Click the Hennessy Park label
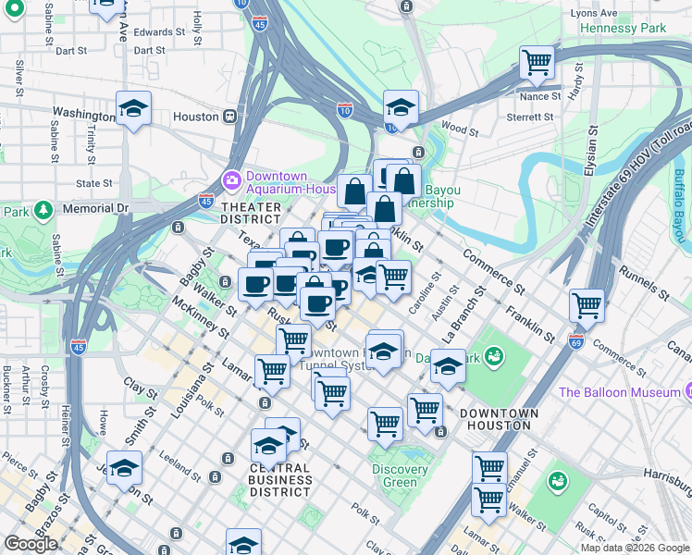[x=623, y=29]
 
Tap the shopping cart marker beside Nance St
[x=537, y=63]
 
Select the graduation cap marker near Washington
[x=133, y=109]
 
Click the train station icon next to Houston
[x=229, y=117]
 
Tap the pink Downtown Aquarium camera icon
[x=229, y=179]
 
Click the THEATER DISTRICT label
[x=251, y=213]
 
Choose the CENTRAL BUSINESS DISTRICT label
[x=280, y=479]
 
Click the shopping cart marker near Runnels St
[x=587, y=304]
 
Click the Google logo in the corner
[x=31, y=544]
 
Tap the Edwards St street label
[x=152, y=32]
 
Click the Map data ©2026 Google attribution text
[x=634, y=548]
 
